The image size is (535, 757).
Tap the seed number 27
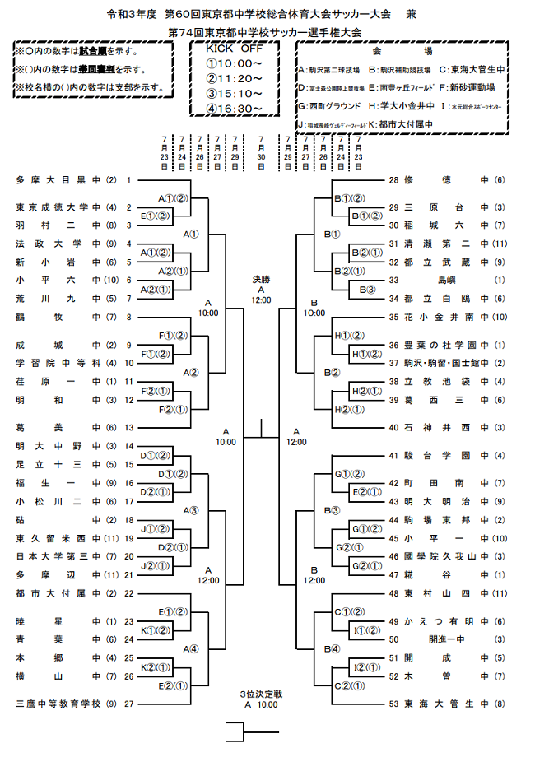[128, 704]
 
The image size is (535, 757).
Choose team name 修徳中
[448, 179]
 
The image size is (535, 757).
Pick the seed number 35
[393, 316]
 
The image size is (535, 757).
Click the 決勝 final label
[260, 280]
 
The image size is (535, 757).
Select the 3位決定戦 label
[260, 694]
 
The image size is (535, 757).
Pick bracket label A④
[191, 648]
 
